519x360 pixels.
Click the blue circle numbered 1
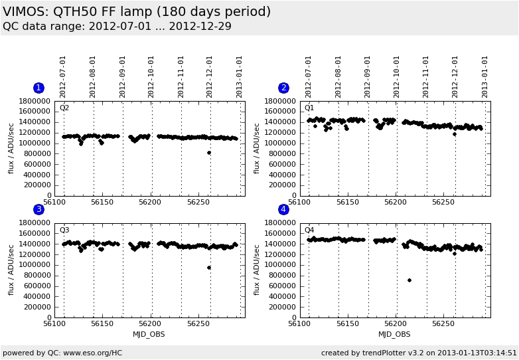[x=38, y=88]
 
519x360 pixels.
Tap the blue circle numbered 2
[x=283, y=88]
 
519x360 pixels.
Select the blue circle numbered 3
[x=38, y=210]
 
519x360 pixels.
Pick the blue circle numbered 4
[x=283, y=210]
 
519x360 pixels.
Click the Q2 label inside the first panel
[x=64, y=108]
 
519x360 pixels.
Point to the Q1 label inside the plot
[x=309, y=108]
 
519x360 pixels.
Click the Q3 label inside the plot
[x=64, y=230]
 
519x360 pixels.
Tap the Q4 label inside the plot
[x=309, y=230]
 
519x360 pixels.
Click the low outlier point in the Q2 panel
[x=209, y=153]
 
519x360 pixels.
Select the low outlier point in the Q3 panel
[x=209, y=268]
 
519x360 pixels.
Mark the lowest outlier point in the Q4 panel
[x=409, y=280]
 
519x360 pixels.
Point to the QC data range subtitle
[x=117, y=27]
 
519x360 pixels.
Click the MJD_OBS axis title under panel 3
[x=149, y=334]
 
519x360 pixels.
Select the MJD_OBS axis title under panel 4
[x=394, y=334]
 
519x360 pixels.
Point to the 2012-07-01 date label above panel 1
[x=64, y=76]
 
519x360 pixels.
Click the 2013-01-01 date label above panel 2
[x=485, y=76]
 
